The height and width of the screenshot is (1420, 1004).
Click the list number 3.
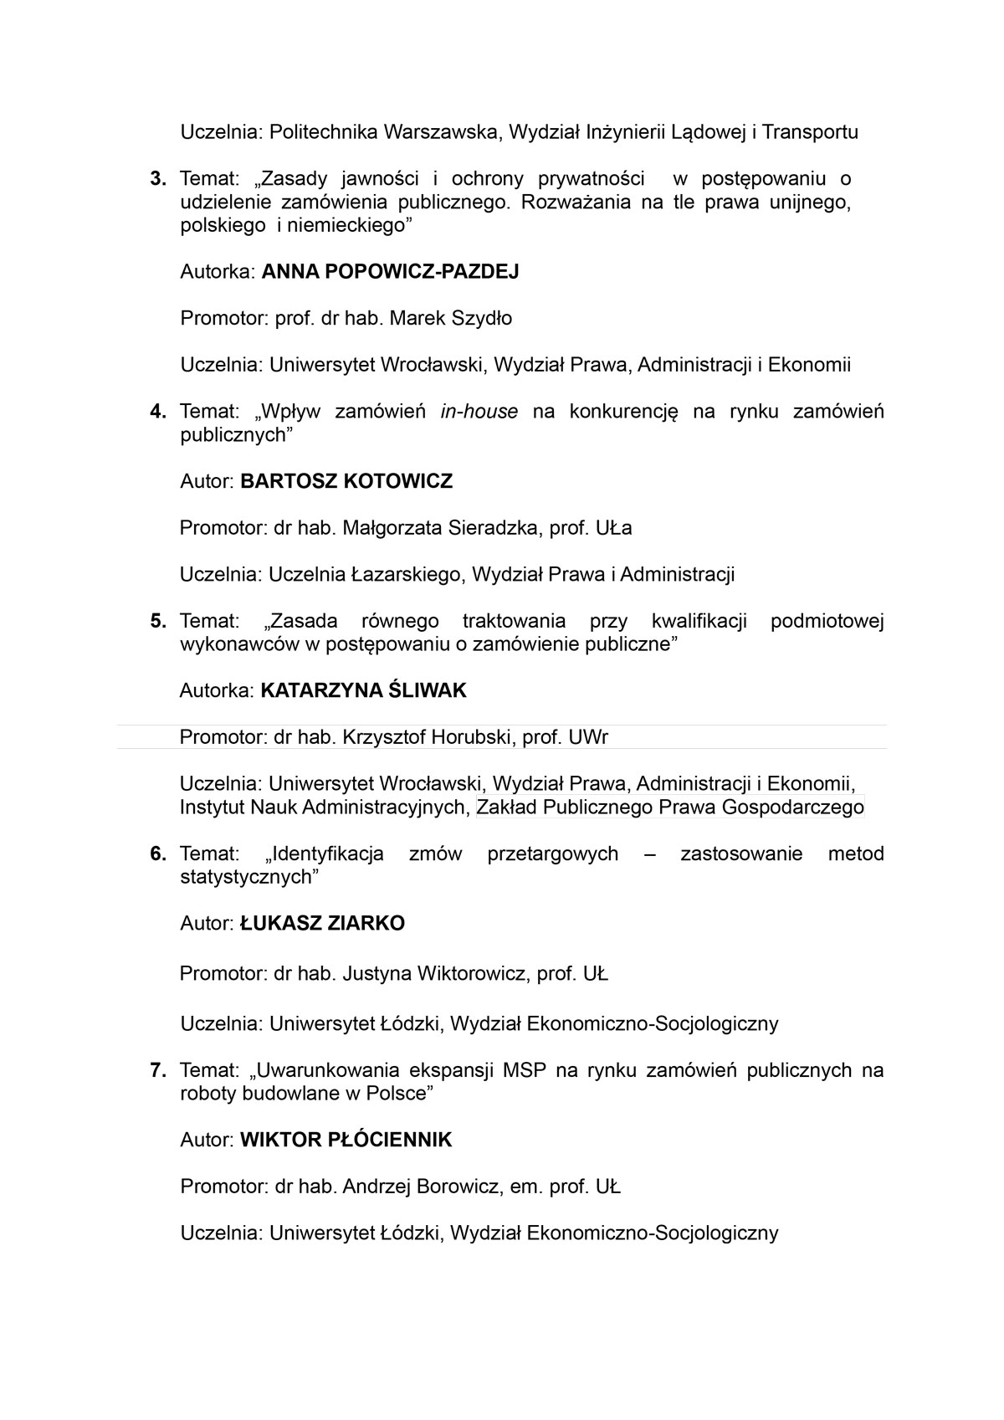click(157, 179)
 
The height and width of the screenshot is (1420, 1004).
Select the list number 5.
click(157, 622)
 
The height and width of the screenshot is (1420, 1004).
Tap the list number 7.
click(157, 1071)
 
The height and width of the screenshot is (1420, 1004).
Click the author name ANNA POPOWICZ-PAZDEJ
click(390, 272)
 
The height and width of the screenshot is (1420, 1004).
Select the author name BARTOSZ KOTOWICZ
click(346, 482)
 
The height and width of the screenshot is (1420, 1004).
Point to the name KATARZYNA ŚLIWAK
click(363, 691)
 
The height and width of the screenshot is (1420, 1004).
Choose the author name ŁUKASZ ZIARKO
click(322, 924)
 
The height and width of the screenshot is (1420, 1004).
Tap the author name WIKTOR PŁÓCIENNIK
click(346, 1141)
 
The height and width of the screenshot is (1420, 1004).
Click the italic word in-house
click(479, 412)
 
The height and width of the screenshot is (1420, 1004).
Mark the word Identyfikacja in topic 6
click(328, 854)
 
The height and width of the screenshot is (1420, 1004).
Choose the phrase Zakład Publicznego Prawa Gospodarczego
click(669, 808)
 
